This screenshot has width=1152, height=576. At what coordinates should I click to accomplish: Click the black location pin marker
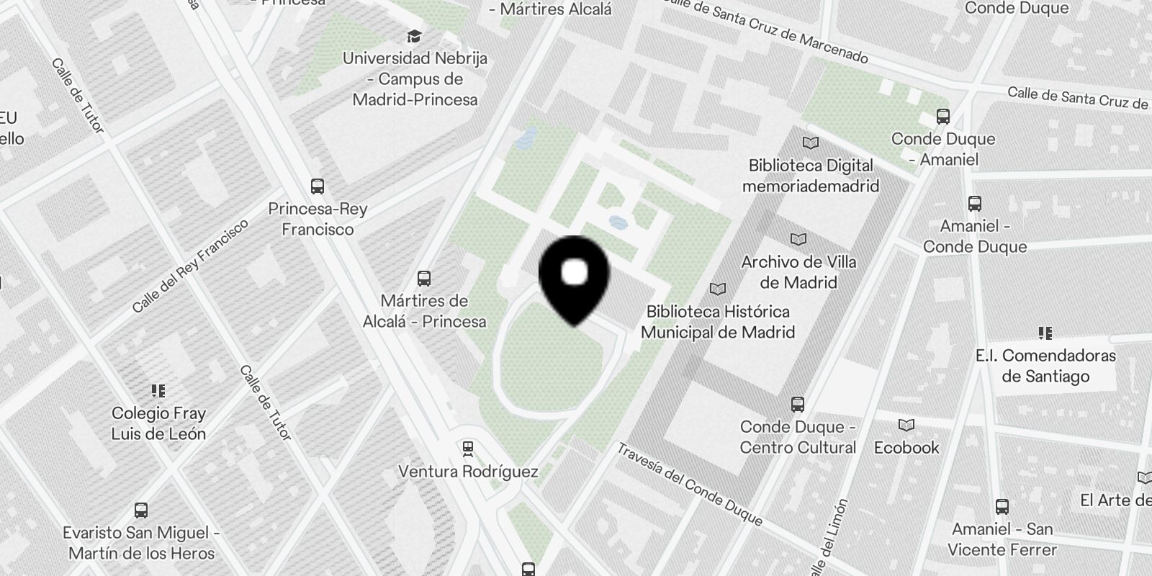[x=574, y=277]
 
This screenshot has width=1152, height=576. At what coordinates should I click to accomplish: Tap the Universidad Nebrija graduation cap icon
[x=414, y=36]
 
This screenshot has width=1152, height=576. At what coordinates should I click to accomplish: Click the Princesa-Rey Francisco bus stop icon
[x=317, y=186]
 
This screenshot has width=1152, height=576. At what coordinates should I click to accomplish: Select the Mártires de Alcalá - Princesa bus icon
[x=424, y=279]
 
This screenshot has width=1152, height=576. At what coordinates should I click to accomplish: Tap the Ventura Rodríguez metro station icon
[x=468, y=449]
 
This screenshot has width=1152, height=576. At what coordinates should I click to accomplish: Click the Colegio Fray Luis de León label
[x=158, y=423]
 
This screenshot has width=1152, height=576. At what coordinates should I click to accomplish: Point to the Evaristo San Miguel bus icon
[x=141, y=510]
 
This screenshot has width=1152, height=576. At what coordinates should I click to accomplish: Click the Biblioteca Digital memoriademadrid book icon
[x=811, y=143]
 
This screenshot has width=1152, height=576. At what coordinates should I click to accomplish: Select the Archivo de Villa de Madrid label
[x=798, y=272]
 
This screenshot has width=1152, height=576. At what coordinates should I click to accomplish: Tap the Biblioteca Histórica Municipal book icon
[x=718, y=289]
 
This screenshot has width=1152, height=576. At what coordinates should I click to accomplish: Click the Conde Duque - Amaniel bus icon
[x=942, y=116]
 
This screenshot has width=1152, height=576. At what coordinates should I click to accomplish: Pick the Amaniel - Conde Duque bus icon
[x=975, y=204]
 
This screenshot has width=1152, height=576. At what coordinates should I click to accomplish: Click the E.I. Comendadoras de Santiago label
[x=1045, y=366]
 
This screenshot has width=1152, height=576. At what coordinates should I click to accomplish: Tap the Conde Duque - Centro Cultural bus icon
[x=797, y=404]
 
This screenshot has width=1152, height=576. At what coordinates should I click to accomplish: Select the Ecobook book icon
[x=906, y=426]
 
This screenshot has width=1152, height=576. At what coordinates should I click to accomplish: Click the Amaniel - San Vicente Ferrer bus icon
[x=1002, y=506]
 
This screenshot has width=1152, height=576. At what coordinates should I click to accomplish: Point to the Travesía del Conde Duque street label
[x=689, y=483]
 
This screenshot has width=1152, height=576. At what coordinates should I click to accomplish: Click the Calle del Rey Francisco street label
[x=191, y=266]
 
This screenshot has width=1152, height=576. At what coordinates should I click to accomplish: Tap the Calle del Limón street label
[x=829, y=536]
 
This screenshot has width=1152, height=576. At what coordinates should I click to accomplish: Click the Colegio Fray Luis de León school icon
[x=158, y=391]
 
